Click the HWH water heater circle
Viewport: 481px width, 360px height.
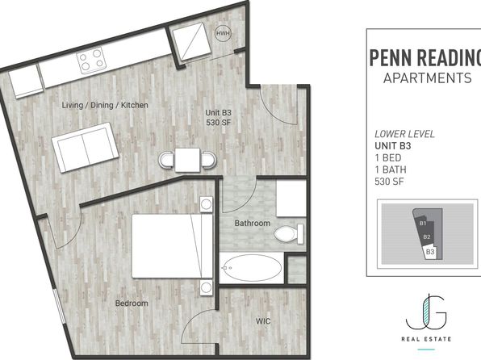[x=223, y=33]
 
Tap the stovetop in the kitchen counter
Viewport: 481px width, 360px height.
[x=91, y=60]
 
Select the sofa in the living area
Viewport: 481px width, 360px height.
[x=86, y=147]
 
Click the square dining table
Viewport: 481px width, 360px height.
[x=187, y=160]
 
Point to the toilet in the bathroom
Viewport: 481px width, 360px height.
[x=289, y=234]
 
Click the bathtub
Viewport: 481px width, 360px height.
[x=252, y=268]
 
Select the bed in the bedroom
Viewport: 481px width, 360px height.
[x=172, y=246]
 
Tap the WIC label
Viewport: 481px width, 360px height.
[x=263, y=321]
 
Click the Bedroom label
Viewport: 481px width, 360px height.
[x=132, y=303]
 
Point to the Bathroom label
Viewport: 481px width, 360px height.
[x=253, y=223]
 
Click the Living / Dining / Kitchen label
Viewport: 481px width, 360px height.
[x=105, y=105]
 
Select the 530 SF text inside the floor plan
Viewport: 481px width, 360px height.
[x=219, y=123]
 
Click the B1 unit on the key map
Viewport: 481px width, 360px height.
[x=423, y=224]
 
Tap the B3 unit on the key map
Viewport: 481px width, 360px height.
[x=430, y=252]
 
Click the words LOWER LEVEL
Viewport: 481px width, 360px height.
[x=404, y=134]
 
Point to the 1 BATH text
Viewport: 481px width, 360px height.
[x=391, y=170]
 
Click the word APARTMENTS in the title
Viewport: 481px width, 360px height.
[x=427, y=78]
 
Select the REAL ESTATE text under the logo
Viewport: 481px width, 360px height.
[x=426, y=339]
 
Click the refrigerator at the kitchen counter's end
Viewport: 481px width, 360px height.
[x=26, y=82]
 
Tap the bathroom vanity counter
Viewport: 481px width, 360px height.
[x=291, y=199]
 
